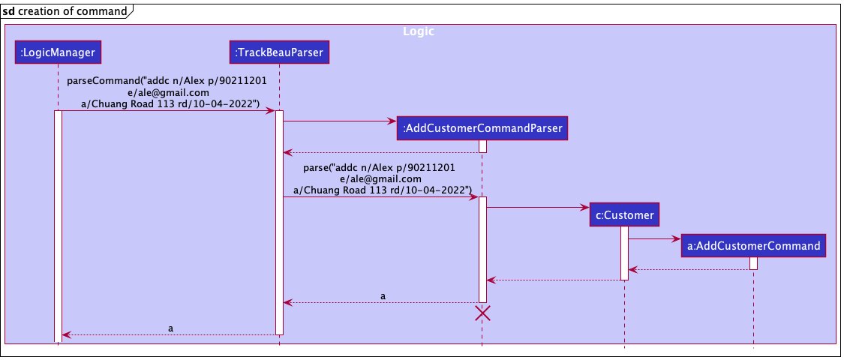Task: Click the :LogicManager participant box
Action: pyautogui.click(x=58, y=52)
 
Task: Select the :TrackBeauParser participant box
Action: pyautogui.click(x=278, y=52)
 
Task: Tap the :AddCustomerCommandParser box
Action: pyautogui.click(x=482, y=129)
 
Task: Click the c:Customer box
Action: pyautogui.click(x=623, y=215)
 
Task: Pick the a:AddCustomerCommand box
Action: pyautogui.click(x=752, y=245)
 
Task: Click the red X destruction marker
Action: pyautogui.click(x=483, y=313)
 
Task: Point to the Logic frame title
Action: pyautogui.click(x=418, y=31)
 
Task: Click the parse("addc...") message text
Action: pyautogui.click(x=382, y=179)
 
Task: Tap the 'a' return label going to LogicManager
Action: pyautogui.click(x=170, y=328)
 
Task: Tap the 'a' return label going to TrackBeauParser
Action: pyautogui.click(x=383, y=296)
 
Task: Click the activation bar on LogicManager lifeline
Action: pyautogui.click(x=58, y=225)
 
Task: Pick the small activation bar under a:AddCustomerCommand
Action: pyautogui.click(x=753, y=263)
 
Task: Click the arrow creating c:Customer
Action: pyautogui.click(x=536, y=207)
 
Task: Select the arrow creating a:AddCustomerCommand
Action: pyautogui.click(x=653, y=239)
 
